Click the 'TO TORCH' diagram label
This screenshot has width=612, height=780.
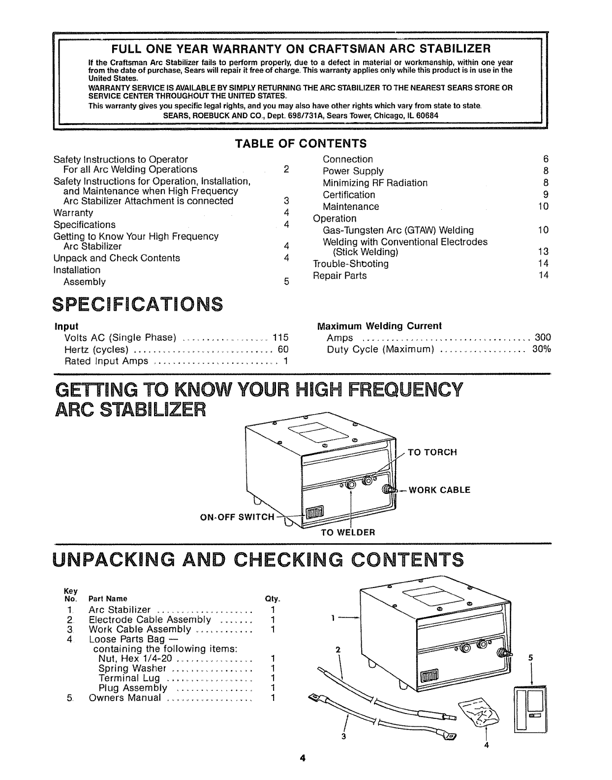tap(432, 452)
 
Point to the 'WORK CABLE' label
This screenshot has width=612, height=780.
tap(439, 490)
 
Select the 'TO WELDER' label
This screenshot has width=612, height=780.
tap(348, 532)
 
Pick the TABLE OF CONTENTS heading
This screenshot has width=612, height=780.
tap(301, 144)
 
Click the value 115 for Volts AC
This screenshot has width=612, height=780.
tap(280, 338)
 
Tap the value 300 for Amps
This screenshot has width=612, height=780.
tap(543, 338)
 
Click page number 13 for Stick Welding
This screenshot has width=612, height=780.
tap(543, 252)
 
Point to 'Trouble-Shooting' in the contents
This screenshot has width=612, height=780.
tap(351, 264)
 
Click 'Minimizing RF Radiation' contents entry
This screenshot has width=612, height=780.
tap(375, 183)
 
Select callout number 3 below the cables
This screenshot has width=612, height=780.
tap(344, 737)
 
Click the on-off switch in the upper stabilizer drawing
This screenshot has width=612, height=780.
tap(313, 515)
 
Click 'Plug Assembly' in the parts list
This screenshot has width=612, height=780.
tap(133, 688)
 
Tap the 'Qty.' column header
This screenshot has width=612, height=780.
tap(273, 599)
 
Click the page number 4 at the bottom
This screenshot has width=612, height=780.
tap(304, 758)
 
